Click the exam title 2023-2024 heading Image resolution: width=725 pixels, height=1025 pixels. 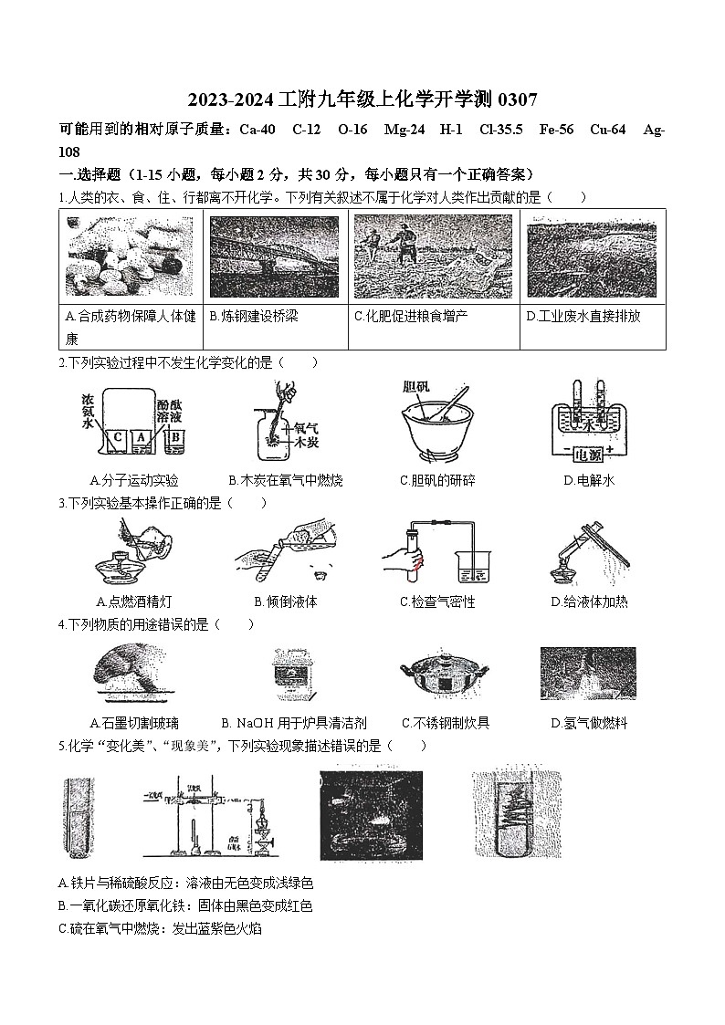(362, 99)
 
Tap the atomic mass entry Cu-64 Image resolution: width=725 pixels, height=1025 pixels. (607, 130)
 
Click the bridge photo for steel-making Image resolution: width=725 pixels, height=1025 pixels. (274, 256)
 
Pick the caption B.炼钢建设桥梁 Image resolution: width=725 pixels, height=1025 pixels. (254, 317)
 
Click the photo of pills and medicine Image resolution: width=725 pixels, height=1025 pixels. (130, 256)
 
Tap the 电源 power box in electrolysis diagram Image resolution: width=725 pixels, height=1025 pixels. (591, 452)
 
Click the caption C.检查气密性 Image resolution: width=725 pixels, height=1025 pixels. (437, 602)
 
